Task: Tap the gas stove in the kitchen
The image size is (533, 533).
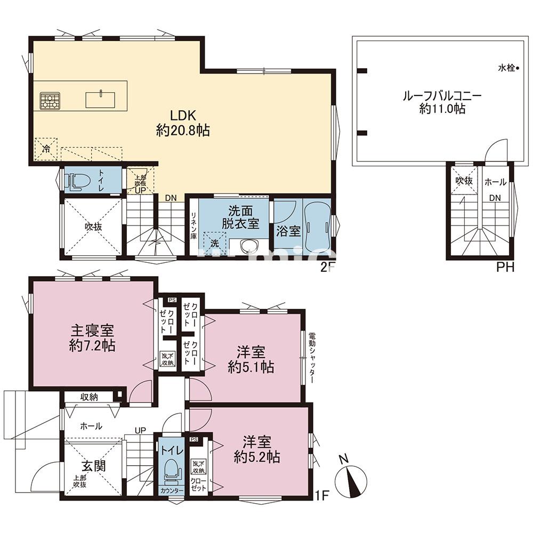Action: point(50,101)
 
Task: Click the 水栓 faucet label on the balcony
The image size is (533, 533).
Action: point(507,68)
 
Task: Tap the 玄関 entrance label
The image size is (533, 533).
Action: point(93,465)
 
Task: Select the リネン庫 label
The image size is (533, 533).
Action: point(194,224)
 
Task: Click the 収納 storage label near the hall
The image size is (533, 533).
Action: point(89,397)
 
